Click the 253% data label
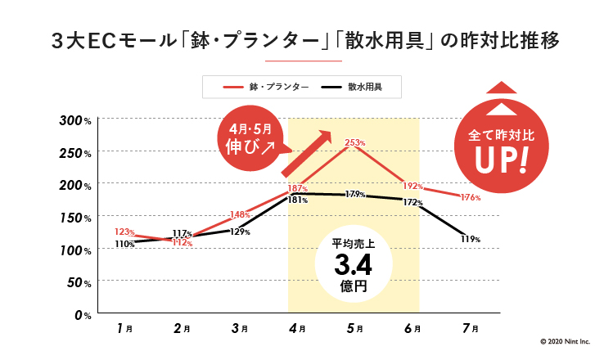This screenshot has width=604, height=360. [x=354, y=143]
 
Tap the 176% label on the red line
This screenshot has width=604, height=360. [x=470, y=198]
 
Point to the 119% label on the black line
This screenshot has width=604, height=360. [x=470, y=239]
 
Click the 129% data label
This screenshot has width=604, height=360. [x=240, y=232]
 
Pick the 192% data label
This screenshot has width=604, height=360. [x=412, y=186]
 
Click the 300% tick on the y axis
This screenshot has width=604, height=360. [x=79, y=121]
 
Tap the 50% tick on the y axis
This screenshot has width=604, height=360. [x=82, y=282]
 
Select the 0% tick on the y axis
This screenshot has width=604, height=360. [x=85, y=314]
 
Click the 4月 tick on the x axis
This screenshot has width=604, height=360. [x=297, y=329]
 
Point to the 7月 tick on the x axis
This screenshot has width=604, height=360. [x=470, y=329]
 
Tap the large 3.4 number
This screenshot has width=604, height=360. [x=353, y=265]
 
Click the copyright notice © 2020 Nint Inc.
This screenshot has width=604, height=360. [x=564, y=342]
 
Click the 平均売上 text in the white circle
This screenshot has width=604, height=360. [x=353, y=244]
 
